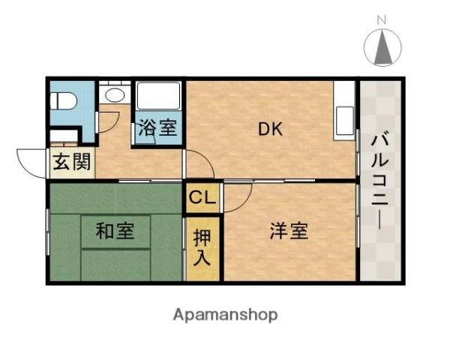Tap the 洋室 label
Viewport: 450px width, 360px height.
[289, 231]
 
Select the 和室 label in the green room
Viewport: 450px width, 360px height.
[115, 232]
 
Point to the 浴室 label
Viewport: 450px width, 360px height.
[157, 128]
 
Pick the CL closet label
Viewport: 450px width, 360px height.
[202, 198]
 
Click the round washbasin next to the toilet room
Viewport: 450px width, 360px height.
[115, 95]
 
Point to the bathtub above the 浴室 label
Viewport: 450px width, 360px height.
[157, 97]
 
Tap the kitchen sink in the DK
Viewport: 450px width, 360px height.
[345, 120]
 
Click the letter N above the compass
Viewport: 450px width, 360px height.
[382, 20]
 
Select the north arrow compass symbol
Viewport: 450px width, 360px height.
[382, 47]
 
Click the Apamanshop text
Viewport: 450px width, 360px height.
[225, 314]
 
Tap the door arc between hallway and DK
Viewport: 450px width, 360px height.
[196, 163]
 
